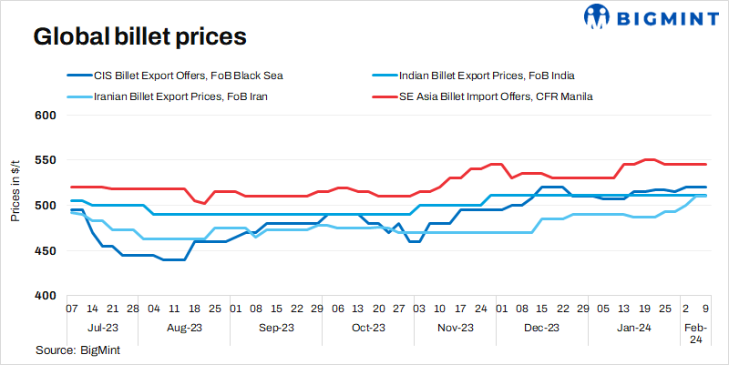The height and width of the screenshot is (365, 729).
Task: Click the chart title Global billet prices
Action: [x=140, y=37]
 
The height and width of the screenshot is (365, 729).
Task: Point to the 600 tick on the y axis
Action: [x=46, y=116]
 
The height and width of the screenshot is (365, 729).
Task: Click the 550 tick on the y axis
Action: [x=46, y=160]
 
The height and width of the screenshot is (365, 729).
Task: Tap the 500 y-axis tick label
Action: [x=46, y=206]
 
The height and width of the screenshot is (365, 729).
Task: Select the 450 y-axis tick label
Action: [x=46, y=250]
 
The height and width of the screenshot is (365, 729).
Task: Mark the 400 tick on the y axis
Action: [x=46, y=296]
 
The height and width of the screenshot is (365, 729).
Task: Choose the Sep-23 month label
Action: [x=275, y=327]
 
